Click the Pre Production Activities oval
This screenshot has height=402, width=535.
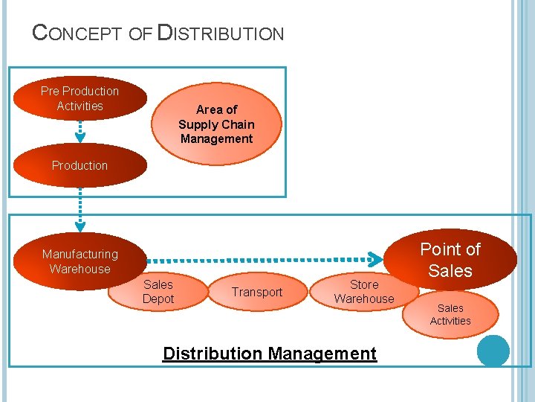80,98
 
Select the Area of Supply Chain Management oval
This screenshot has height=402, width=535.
216,124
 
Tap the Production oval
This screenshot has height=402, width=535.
80,165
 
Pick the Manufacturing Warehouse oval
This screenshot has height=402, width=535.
80,261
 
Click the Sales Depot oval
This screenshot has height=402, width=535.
158,292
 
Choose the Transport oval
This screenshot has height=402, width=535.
257,292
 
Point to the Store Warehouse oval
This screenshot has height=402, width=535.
364,292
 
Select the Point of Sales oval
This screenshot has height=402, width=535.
450,259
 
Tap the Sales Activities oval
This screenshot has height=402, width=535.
450,314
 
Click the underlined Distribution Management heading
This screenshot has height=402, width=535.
270,354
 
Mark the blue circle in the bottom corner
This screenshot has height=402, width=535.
493,351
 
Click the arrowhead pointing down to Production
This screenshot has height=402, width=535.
80,137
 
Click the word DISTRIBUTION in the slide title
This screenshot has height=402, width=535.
221,33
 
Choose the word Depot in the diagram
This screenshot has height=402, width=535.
158,299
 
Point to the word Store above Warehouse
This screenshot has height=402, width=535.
364,284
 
